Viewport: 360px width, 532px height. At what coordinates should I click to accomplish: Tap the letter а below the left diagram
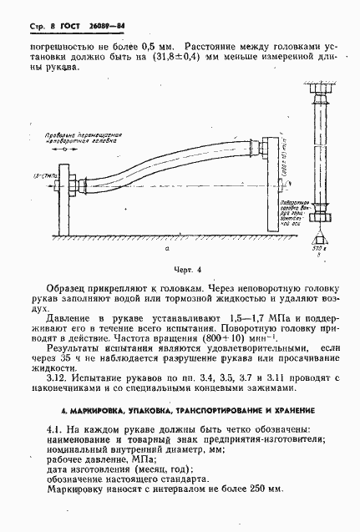[x=168, y=250]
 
